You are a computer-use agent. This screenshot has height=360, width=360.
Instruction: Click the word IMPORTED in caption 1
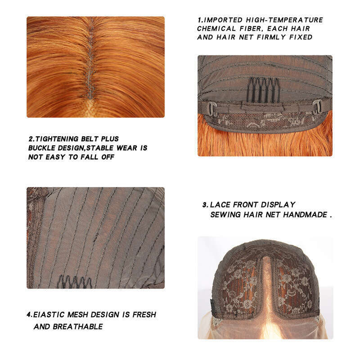click(223, 20)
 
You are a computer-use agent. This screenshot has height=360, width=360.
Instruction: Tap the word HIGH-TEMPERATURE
click(284, 20)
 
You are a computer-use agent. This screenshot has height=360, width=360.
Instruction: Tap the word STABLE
click(100, 148)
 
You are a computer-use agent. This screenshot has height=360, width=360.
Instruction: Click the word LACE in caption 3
click(220, 205)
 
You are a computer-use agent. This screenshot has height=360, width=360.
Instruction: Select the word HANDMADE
click(305, 215)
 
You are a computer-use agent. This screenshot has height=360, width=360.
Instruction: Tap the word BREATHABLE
click(77, 327)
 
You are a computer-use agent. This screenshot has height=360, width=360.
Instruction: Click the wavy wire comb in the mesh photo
click(74, 282)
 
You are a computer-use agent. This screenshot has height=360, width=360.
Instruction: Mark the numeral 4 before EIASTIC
click(28, 314)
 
